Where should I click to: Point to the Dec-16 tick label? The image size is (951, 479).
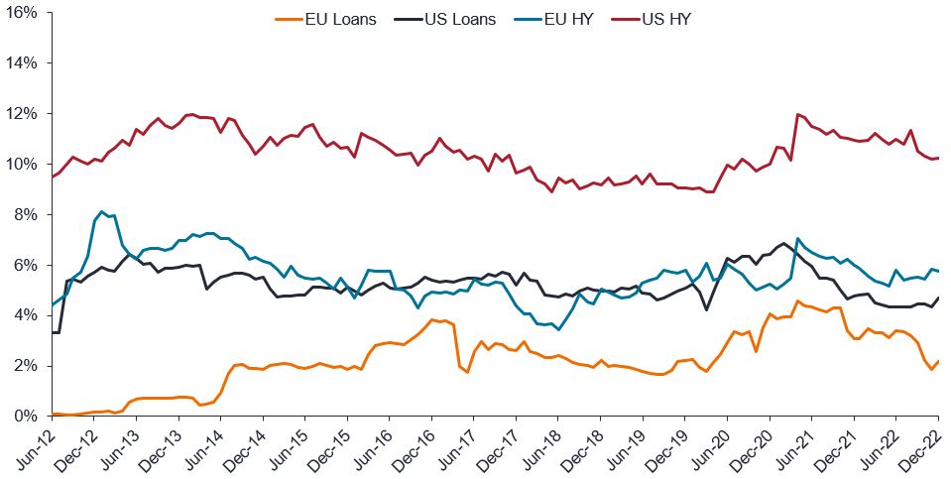(x=416, y=446)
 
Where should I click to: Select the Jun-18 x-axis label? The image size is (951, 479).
(x=542, y=446)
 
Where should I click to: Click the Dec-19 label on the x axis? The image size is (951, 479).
(x=669, y=446)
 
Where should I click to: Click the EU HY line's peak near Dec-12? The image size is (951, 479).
(x=101, y=211)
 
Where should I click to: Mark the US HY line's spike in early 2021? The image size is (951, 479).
(x=797, y=114)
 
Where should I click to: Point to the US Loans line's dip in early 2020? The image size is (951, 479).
(x=707, y=309)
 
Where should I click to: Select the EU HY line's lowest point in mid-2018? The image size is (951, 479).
(x=558, y=329)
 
